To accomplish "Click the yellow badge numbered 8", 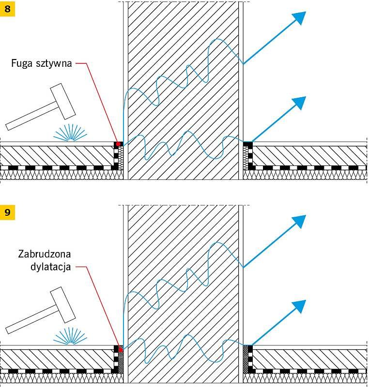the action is tap(7, 9).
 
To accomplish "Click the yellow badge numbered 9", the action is tap(7, 212).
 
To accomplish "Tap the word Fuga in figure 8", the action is tap(22, 64).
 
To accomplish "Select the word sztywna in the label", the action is tap(54, 64).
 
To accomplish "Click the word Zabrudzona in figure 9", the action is tap(45, 254).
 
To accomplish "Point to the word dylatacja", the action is tap(51, 267).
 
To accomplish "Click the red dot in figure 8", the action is tap(118, 144).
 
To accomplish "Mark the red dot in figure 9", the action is tap(121, 350).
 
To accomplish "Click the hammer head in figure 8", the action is tap(63, 101).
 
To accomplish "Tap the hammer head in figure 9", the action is tap(63, 305).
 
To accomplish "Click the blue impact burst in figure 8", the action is tap(70, 134).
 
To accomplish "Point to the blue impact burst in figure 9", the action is tap(70, 337).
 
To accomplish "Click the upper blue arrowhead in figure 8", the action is tap(299, 17).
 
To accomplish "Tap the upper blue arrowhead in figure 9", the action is tap(299, 221).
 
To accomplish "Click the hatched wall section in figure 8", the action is tap(183, 90).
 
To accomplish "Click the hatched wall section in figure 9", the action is tap(183, 294).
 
